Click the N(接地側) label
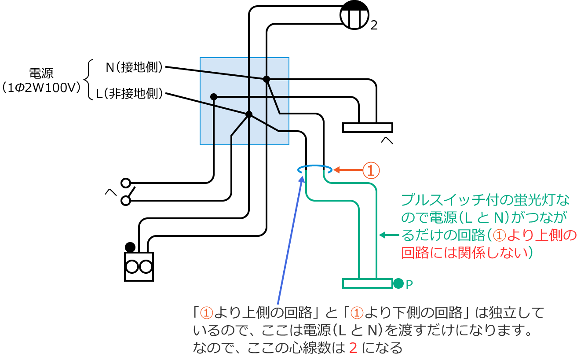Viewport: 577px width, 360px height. (x=134, y=67)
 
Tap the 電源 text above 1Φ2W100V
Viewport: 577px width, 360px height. (x=41, y=73)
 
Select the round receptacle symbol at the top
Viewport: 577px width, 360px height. (x=354, y=15)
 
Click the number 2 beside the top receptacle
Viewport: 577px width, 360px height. (x=374, y=26)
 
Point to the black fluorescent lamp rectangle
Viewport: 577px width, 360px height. (x=367, y=127)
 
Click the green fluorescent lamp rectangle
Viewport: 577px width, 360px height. (x=367, y=283)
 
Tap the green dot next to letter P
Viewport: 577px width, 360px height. (x=398, y=283)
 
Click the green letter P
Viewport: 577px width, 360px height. (x=409, y=285)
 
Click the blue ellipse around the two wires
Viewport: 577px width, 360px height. (x=314, y=168)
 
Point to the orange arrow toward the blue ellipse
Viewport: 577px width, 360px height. (x=347, y=169)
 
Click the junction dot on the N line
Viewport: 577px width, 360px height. (x=266, y=79)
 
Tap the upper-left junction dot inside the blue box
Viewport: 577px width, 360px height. (x=214, y=97)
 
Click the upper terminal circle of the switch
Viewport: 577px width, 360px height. (x=126, y=183)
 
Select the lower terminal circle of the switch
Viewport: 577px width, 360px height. (x=126, y=201)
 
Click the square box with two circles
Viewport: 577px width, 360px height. (x=139, y=266)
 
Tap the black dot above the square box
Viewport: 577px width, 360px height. (x=130, y=247)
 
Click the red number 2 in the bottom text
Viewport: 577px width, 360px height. (x=353, y=348)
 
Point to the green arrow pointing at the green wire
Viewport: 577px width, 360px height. (x=389, y=235)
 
